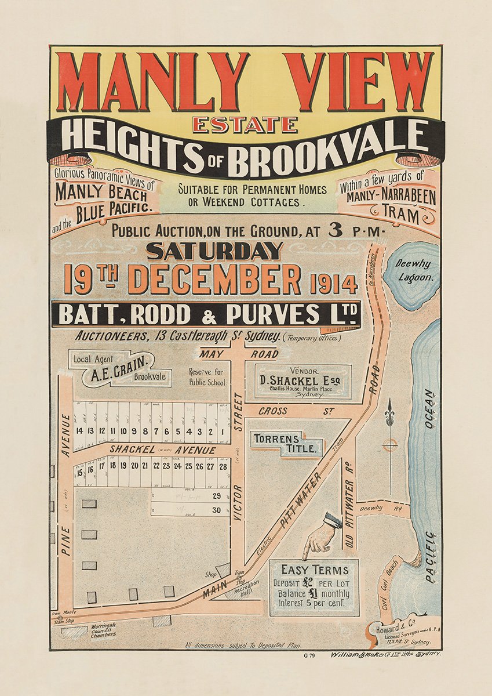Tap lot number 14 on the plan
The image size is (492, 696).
click(x=79, y=431)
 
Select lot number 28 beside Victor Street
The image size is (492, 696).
click(x=223, y=466)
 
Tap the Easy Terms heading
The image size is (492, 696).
click(x=315, y=570)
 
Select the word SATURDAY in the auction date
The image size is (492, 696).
click(x=214, y=251)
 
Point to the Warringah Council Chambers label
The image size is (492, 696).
click(x=103, y=630)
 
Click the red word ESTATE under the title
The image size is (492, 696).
click(x=245, y=125)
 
